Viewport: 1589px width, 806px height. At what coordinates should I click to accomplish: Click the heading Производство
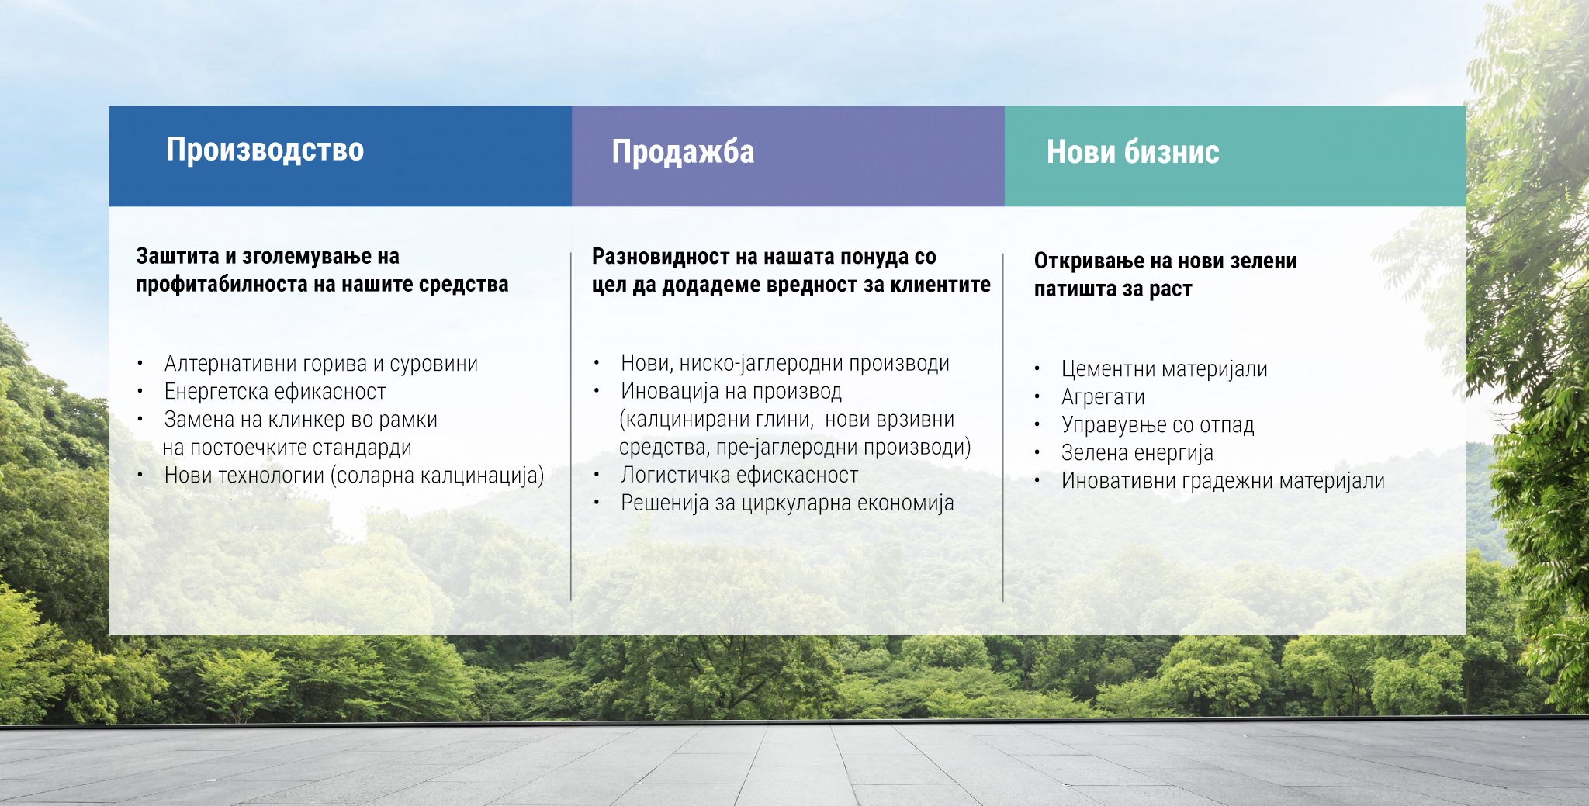click(265, 150)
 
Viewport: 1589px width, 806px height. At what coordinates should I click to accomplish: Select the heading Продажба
click(683, 152)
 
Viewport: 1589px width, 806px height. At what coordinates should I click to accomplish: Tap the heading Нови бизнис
click(1133, 152)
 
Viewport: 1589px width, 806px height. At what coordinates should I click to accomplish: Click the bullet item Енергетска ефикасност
click(275, 392)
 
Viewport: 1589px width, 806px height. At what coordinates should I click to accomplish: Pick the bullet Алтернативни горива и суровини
click(321, 364)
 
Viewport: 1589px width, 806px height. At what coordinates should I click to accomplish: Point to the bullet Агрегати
click(1103, 397)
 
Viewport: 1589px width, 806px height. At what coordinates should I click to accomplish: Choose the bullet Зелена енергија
click(1137, 453)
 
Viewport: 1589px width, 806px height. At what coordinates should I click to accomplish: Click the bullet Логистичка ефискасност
click(739, 475)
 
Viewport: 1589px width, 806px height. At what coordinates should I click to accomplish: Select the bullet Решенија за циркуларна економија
click(787, 503)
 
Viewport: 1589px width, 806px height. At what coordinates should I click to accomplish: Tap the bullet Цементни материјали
click(1164, 369)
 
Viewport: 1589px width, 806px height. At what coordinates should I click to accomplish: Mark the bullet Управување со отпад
click(1158, 425)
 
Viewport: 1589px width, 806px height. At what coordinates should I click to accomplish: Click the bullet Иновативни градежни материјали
click(1223, 481)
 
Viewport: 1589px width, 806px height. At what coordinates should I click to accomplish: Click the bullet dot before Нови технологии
click(140, 475)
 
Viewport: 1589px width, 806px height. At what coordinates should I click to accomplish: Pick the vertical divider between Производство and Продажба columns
click(571, 427)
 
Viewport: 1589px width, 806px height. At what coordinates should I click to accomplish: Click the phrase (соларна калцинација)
click(437, 476)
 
